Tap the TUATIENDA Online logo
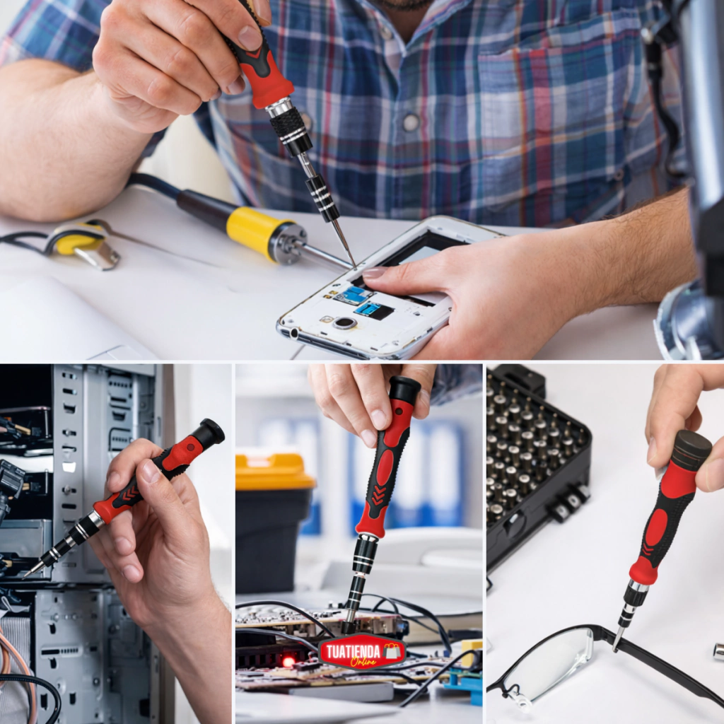(x=361, y=652)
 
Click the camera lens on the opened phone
(x=344, y=322)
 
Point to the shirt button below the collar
(x=411, y=122)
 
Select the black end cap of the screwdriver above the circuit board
(x=405, y=388)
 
